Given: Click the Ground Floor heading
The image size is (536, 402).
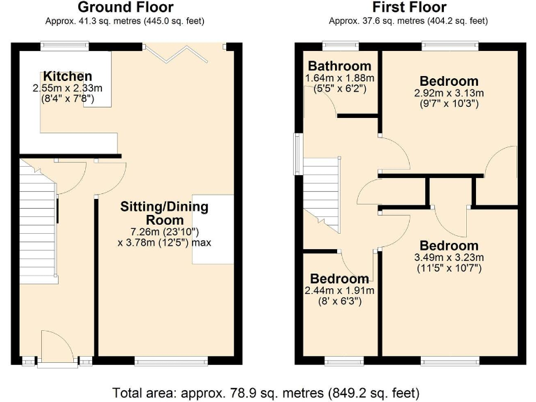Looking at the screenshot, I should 126,8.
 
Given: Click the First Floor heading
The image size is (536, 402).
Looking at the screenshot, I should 409,8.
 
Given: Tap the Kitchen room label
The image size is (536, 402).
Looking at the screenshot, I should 67,76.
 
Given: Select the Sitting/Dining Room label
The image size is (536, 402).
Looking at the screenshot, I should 165,214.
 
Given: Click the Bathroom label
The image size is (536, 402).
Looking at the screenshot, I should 340,66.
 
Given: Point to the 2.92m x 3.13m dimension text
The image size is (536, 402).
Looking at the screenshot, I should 449,93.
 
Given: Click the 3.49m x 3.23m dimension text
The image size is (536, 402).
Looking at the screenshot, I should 449,257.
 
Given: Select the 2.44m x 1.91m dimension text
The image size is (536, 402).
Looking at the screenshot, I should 340,290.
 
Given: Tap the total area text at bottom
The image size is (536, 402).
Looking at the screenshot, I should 267,392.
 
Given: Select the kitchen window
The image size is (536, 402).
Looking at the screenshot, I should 64,46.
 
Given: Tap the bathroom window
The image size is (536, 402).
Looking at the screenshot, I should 341,46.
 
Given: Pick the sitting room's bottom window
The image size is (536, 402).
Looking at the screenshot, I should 171,361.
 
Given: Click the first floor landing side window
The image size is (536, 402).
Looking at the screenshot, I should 297,153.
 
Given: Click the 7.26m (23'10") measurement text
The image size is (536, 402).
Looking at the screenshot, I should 165,231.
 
